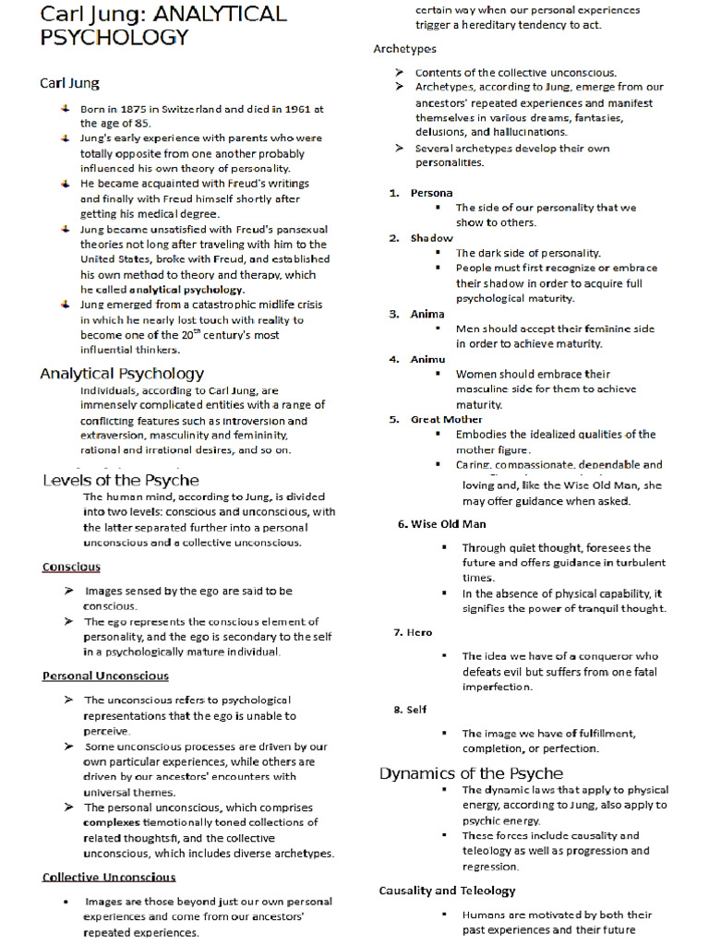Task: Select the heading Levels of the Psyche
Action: click(121, 480)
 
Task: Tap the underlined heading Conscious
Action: click(71, 567)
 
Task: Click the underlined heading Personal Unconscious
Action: click(105, 676)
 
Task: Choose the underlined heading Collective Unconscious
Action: click(109, 877)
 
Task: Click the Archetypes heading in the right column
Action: click(405, 49)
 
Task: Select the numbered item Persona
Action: click(432, 193)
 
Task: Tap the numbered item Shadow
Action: click(432, 238)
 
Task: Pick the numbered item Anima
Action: click(427, 314)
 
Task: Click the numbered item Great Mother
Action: click(447, 419)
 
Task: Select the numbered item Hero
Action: click(419, 632)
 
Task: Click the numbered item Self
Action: click(417, 710)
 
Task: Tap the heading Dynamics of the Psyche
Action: click(471, 773)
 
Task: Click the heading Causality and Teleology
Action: click(447, 891)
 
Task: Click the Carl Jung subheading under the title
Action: click(70, 83)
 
